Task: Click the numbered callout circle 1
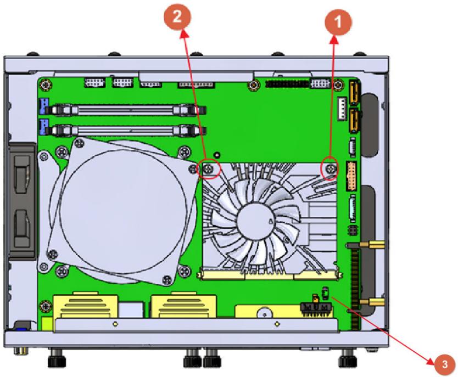pos(338,22)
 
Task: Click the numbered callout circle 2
pos(177,16)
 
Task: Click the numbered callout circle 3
pos(444,364)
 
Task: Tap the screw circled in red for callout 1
pos(331,168)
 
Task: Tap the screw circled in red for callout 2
pos(208,168)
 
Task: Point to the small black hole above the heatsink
pos(217,154)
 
